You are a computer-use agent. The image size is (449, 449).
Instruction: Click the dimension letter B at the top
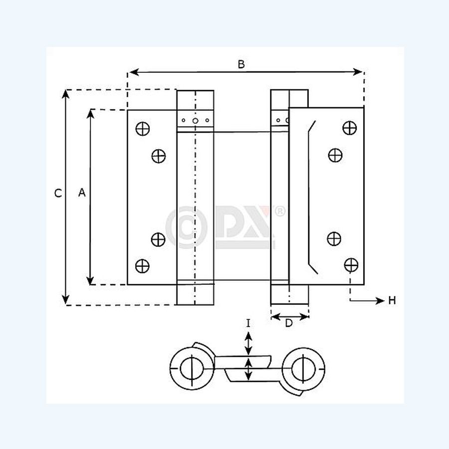(241, 64)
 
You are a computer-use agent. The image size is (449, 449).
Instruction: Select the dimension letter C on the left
(58, 194)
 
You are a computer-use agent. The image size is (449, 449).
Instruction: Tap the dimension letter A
(82, 193)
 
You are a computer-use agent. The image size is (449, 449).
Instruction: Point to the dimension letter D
(289, 323)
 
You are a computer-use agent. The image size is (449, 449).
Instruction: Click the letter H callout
(392, 300)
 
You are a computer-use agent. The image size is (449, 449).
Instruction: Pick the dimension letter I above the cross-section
(248, 324)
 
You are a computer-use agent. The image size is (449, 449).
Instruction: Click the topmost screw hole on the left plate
(143, 128)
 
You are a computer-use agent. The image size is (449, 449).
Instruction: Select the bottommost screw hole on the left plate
(143, 265)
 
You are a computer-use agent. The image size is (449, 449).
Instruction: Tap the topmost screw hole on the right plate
(349, 128)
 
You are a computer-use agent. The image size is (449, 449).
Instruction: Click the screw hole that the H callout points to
(351, 264)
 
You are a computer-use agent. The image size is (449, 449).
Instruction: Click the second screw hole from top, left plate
(159, 156)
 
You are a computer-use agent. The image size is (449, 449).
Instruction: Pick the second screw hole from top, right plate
(335, 156)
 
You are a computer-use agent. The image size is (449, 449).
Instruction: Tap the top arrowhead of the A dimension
(90, 114)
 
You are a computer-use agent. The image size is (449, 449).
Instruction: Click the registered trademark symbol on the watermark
(280, 211)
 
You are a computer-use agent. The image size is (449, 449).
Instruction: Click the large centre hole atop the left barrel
(195, 121)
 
